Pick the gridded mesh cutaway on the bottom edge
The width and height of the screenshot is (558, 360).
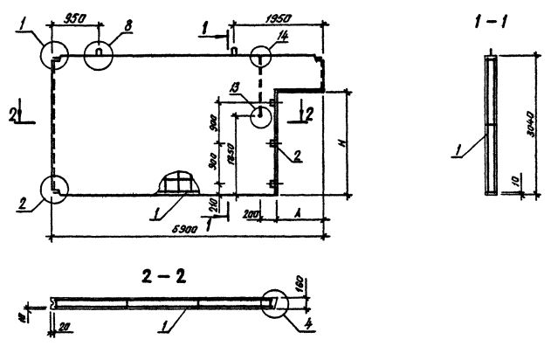179,183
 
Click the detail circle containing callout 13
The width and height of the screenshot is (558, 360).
261,115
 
